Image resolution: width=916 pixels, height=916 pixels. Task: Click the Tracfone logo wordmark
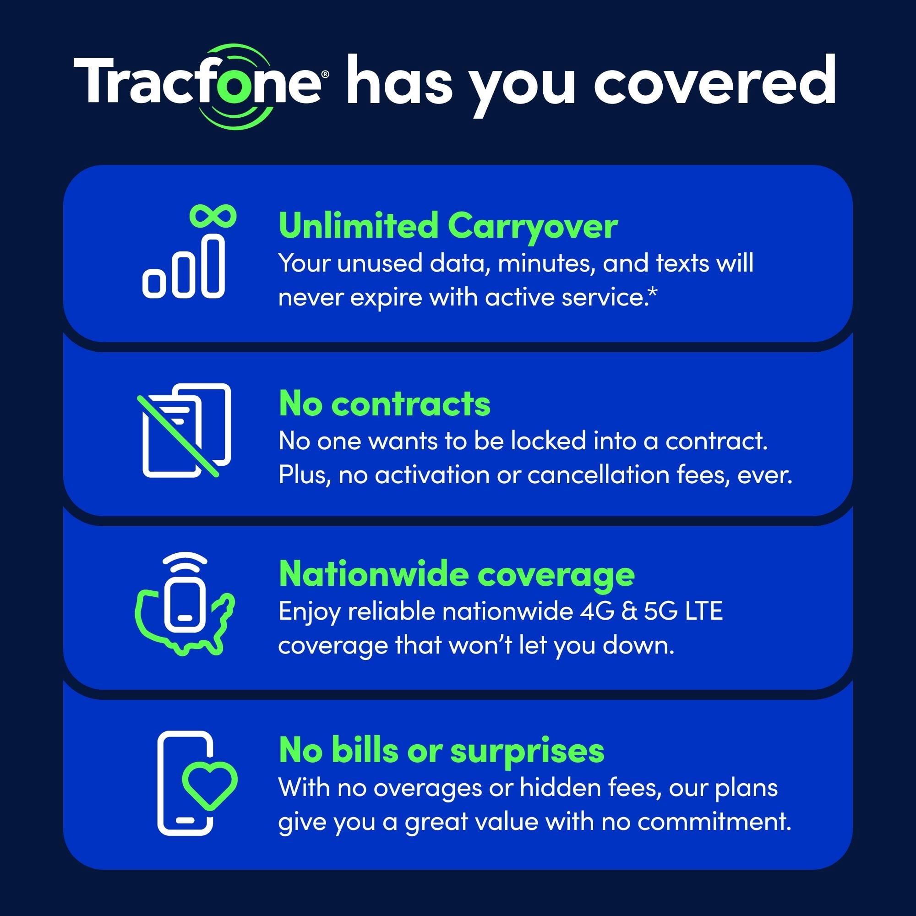coord(202,85)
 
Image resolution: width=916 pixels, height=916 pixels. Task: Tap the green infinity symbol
coord(213,216)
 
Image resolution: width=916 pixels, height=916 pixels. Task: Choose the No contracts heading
coord(385,404)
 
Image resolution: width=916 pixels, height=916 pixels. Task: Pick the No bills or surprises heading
coord(442,751)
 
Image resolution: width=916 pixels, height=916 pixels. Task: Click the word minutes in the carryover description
coord(546,264)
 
